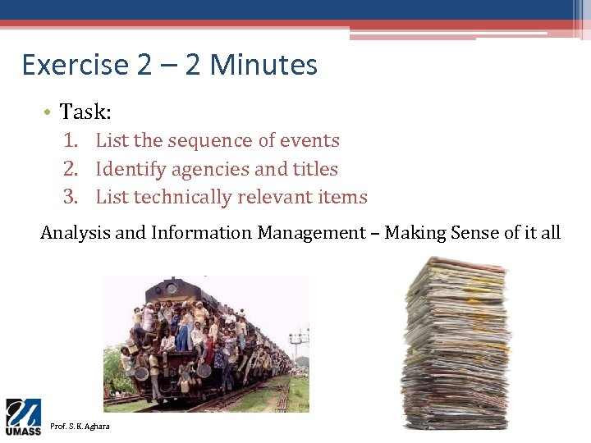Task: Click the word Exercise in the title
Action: (x=76, y=65)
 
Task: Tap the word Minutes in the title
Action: (x=263, y=65)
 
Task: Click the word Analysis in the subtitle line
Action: (x=76, y=233)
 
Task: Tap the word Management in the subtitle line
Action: (x=312, y=233)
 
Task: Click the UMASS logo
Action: (x=23, y=418)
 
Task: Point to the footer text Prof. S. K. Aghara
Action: (x=80, y=427)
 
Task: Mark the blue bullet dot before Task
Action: (x=48, y=112)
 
